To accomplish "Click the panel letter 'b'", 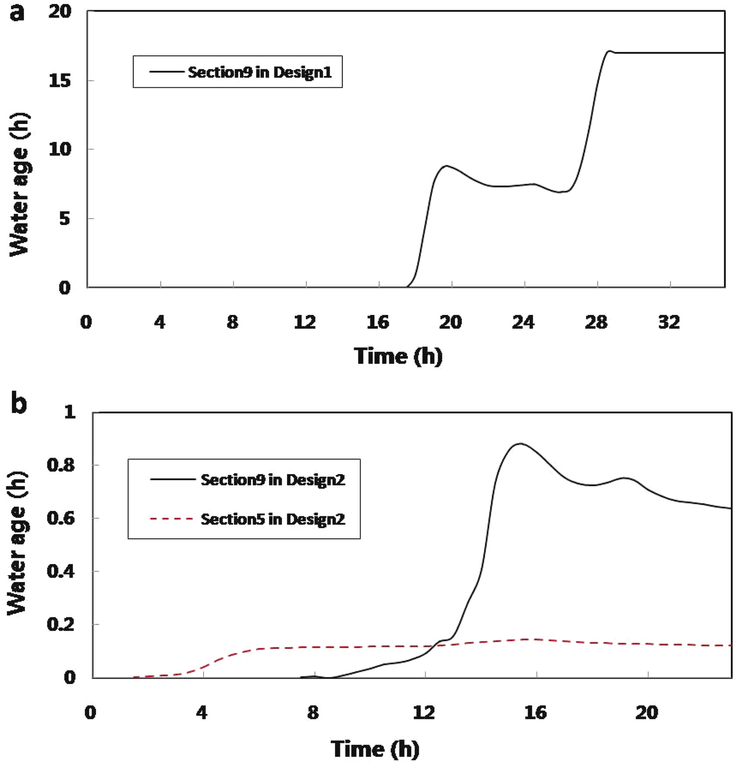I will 19,404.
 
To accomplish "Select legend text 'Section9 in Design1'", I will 259,73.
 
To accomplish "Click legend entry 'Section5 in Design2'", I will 273,519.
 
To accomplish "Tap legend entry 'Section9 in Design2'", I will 273,480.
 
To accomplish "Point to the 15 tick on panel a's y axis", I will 60,80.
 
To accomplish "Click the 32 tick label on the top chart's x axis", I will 669,322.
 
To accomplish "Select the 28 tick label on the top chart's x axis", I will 596,322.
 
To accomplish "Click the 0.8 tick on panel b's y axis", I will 61,465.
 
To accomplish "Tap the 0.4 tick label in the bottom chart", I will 61,571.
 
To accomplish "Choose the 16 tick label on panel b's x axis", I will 535,712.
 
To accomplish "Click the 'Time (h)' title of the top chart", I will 398,356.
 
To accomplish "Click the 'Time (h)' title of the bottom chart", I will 375,749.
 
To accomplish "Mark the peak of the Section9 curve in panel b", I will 520,444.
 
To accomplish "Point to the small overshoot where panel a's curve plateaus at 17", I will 608,51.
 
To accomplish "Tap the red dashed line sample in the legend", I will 172,519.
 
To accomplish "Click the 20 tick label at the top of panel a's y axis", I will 60,11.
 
